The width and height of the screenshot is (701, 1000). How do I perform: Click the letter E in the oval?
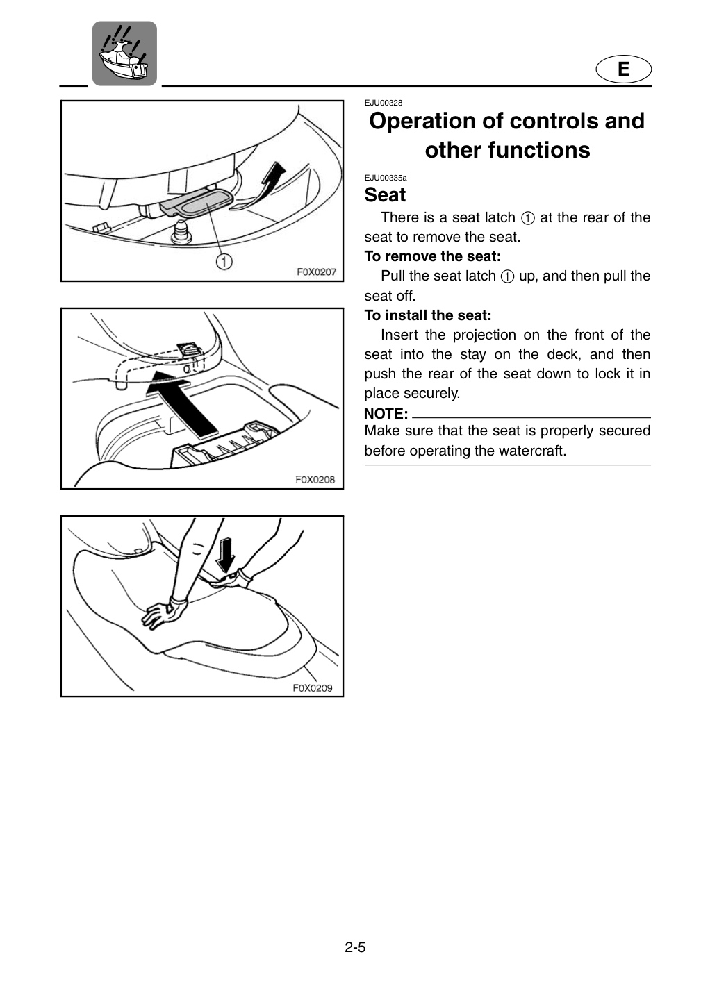tap(623, 69)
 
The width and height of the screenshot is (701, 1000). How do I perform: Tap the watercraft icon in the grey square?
tap(124, 53)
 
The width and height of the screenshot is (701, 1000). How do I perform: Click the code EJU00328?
tap(383, 103)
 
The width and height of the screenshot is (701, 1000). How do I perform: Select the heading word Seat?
tap(385, 194)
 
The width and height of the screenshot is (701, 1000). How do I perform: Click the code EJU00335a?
tap(386, 178)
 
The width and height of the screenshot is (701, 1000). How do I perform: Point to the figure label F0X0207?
tap(317, 272)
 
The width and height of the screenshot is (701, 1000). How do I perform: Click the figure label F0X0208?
tap(315, 479)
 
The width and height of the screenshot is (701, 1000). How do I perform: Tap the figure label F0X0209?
tap(313, 688)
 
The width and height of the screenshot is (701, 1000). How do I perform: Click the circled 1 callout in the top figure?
tap(224, 261)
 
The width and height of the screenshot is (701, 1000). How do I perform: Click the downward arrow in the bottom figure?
tap(226, 555)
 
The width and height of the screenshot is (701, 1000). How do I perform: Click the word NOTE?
tap(386, 414)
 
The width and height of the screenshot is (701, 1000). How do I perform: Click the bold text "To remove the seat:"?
tap(433, 256)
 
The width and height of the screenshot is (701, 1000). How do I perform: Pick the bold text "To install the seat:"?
tap(428, 315)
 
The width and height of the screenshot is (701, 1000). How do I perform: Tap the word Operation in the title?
tap(436, 122)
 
